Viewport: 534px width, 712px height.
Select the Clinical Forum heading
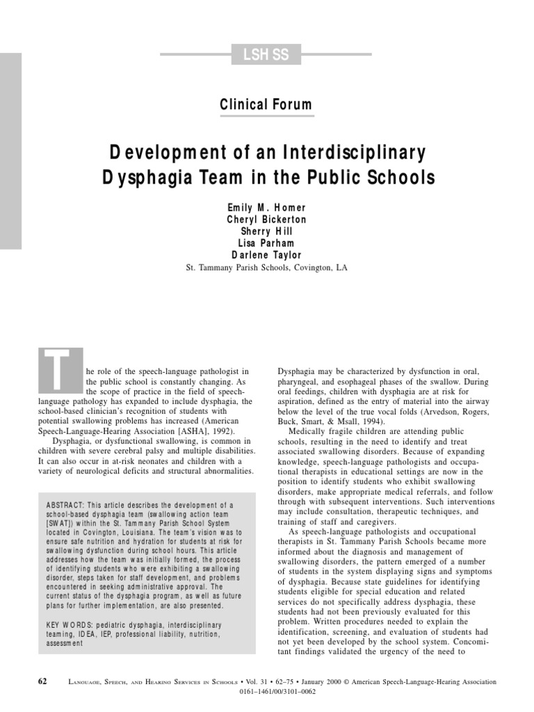point(266,105)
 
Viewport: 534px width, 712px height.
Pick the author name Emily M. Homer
point(267,208)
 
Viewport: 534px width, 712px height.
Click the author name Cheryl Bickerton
point(267,220)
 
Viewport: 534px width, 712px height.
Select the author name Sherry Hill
point(267,232)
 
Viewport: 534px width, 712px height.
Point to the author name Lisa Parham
point(267,243)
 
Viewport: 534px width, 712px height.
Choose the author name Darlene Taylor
point(267,255)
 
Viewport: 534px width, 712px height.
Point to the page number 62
point(42,682)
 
